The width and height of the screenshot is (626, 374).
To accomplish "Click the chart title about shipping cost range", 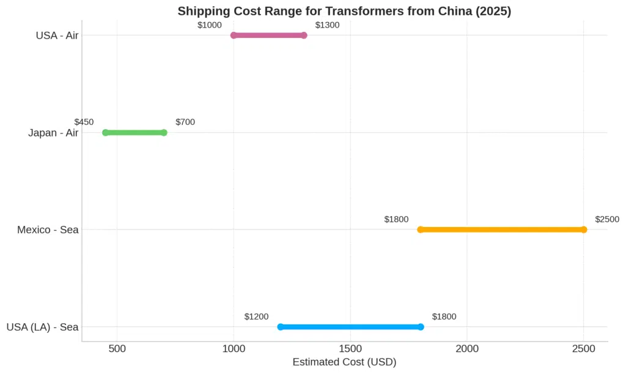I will coord(344,11).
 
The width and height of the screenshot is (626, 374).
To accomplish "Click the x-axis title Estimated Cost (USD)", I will coord(344,362).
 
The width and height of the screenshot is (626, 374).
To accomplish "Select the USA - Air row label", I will coord(57,36).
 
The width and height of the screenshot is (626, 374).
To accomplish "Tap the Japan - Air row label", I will coord(53,133).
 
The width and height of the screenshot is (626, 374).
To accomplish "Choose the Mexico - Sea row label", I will coord(48,230).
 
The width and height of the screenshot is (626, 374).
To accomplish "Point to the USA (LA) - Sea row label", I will coord(42,327).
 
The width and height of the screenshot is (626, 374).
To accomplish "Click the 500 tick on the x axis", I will coord(117,349).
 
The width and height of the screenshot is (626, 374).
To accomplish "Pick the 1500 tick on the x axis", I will coord(350,349).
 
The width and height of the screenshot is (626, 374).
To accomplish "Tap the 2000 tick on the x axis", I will coord(467,349).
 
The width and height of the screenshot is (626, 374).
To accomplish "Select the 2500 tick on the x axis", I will coord(584,349).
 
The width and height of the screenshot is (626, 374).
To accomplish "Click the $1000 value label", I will coord(210,25).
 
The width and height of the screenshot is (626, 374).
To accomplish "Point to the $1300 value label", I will coord(327,25).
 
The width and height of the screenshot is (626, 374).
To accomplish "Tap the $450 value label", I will coord(84,122).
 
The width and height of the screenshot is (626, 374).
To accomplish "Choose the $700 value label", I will coord(185,122).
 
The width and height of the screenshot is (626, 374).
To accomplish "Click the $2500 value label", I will coord(607,219).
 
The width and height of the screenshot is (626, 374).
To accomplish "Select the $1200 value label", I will coord(256,316).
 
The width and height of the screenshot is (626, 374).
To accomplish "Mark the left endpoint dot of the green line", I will coord(105,133).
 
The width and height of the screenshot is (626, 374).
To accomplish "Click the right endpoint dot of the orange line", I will coord(584,230).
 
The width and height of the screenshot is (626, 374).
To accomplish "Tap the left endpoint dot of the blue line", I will coord(281,327).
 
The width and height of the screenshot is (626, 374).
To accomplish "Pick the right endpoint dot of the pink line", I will coord(304,36).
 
